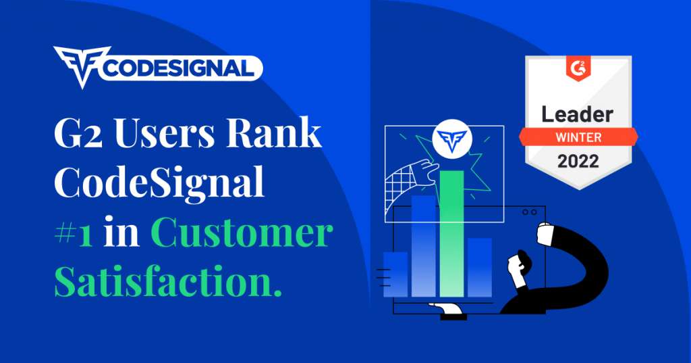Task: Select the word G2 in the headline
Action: (78, 133)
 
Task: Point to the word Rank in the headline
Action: (274, 132)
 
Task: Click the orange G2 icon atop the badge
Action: (578, 69)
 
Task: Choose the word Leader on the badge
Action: (578, 114)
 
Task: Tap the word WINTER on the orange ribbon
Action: (578, 137)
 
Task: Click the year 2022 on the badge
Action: (578, 161)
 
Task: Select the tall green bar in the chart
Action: (451, 234)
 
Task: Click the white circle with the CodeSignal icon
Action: (452, 139)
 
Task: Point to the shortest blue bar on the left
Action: (395, 274)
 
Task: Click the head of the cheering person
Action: (519, 266)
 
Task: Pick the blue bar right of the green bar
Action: (480, 267)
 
